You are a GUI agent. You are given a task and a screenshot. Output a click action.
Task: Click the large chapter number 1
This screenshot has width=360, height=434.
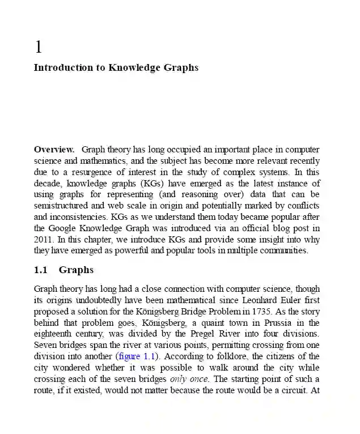pyautogui.click(x=39, y=46)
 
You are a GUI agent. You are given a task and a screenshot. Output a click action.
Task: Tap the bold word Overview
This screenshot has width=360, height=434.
pyautogui.click(x=54, y=150)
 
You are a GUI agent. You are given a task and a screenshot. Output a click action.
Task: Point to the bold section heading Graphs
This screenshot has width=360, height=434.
pyautogui.click(x=76, y=270)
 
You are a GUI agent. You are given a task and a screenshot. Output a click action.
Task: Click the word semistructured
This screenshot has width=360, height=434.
pyautogui.click(x=60, y=206)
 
